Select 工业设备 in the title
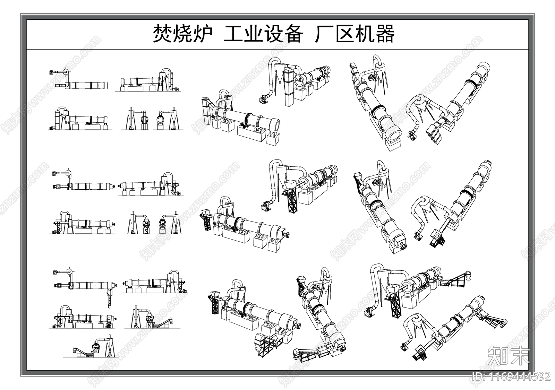click(264, 34)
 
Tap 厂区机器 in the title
click(355, 34)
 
